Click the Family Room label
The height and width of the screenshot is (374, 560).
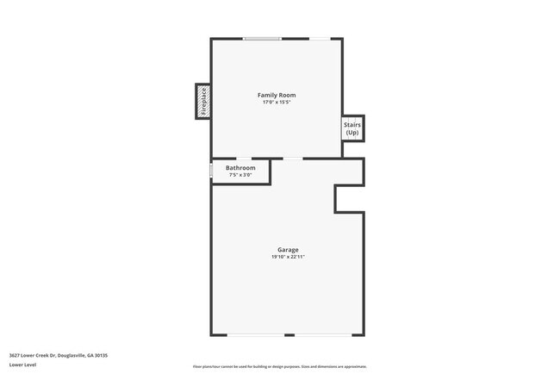tap(277, 95)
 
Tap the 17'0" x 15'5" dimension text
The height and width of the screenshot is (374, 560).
tap(277, 103)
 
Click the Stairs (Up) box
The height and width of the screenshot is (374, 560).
tap(352, 128)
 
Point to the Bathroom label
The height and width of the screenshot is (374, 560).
tap(240, 168)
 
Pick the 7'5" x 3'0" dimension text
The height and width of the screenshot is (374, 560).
tap(240, 175)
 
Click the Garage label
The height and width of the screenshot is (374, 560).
tap(288, 250)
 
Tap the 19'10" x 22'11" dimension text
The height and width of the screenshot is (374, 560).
tap(288, 257)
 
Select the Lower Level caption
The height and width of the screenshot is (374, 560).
tap(22, 365)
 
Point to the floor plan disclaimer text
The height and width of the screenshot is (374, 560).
tap(279, 366)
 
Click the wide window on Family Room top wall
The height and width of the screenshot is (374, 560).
tap(261, 38)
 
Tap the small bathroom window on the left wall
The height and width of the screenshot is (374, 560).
tap(211, 171)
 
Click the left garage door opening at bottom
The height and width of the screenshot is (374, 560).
tap(256, 335)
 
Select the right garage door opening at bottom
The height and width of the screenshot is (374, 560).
tap(323, 335)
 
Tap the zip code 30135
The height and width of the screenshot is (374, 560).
tap(102, 355)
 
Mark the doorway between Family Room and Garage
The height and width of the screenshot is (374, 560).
tap(293, 159)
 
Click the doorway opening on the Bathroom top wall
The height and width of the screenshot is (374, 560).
tap(245, 159)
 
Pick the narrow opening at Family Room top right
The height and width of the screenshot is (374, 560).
tap(319, 38)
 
